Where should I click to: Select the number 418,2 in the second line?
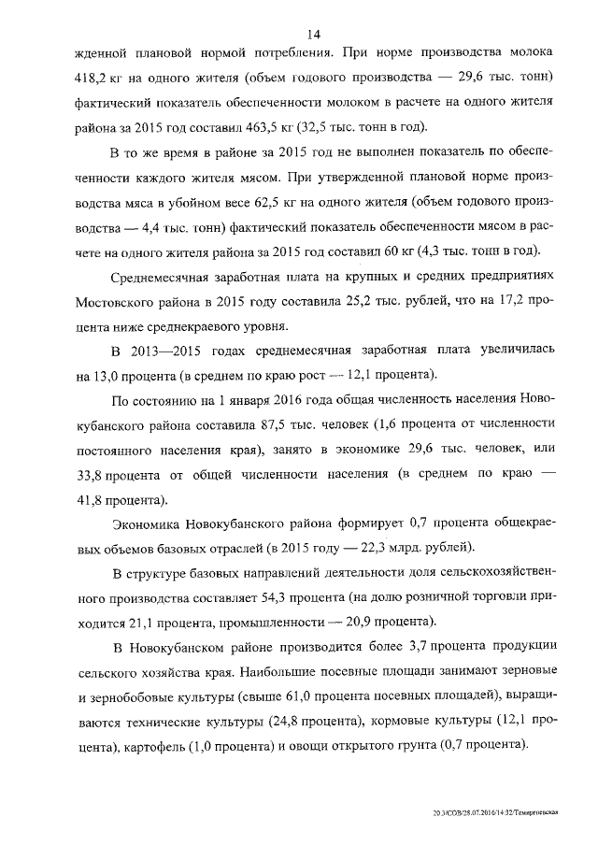[x=90, y=75]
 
